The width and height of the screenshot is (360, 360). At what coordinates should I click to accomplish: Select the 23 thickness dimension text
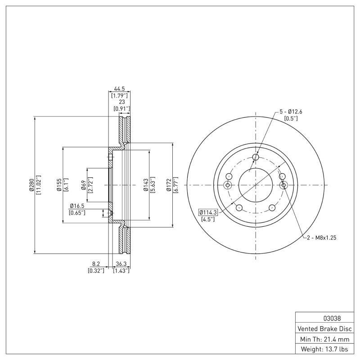[x=121, y=102]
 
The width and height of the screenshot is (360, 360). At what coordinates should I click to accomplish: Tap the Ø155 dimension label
[x=59, y=184]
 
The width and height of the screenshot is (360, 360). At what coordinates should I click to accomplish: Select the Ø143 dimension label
[x=145, y=184]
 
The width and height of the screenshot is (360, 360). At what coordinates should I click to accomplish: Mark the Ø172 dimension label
[x=169, y=184]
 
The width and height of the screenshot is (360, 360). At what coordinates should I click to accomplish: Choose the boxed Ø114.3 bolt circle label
[x=207, y=212]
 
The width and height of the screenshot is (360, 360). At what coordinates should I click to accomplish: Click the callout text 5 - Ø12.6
[x=291, y=112]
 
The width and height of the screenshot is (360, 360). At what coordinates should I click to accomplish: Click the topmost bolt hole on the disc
[x=256, y=157]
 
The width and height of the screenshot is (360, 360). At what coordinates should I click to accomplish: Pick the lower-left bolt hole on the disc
[x=239, y=207]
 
